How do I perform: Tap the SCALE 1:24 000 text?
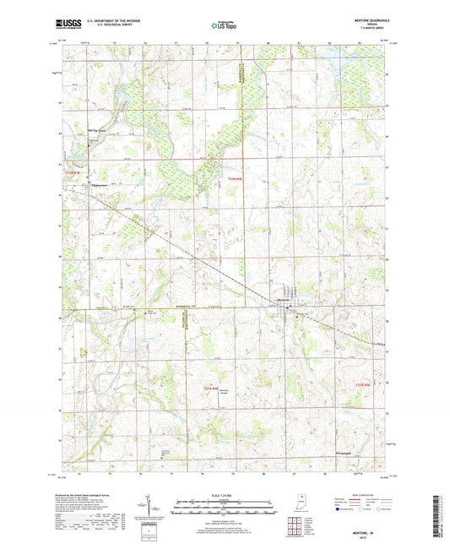point(224,494)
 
